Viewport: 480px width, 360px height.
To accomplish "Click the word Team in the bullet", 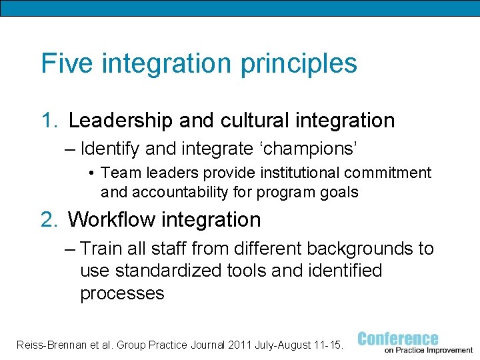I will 117,173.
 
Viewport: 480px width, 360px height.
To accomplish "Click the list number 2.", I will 49,219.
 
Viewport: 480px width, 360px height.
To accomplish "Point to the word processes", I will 122,294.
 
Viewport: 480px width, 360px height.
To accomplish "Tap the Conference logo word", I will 398,339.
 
